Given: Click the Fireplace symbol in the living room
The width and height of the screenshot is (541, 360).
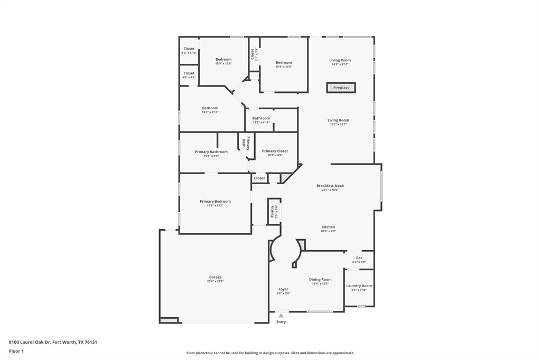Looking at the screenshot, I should pyautogui.click(x=341, y=88).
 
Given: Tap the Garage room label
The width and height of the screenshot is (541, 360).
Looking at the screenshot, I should pyautogui.click(x=215, y=277).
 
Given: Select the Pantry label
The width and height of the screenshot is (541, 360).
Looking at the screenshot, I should pyautogui.click(x=273, y=212).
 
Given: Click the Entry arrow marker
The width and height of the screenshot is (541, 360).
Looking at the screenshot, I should pyautogui.click(x=281, y=316).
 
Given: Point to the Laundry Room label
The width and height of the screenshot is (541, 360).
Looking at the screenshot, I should pyautogui.click(x=359, y=286).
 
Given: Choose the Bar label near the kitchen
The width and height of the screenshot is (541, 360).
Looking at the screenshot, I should pyautogui.click(x=359, y=258).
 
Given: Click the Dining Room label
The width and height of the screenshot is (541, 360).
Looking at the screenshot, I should pyautogui.click(x=320, y=279).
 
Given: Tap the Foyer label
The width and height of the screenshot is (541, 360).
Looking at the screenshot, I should pyautogui.click(x=283, y=289).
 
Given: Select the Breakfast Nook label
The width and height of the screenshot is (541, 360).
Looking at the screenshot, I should pyautogui.click(x=330, y=186).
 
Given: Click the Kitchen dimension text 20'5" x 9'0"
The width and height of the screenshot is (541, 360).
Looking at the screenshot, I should pyautogui.click(x=328, y=231).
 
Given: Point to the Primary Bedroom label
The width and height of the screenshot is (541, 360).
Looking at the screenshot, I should pyautogui.click(x=215, y=201).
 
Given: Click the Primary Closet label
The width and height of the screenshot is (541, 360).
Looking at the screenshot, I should pyautogui.click(x=275, y=151).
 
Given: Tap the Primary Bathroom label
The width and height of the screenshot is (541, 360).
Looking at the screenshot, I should pyautogui.click(x=211, y=151).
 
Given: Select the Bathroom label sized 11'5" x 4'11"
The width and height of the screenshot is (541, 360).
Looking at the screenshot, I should pyautogui.click(x=261, y=118).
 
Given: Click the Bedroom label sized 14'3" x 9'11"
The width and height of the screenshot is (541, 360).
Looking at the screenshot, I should pyautogui.click(x=210, y=108).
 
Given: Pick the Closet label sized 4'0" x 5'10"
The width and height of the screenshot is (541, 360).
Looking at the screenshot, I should pyautogui.click(x=189, y=49).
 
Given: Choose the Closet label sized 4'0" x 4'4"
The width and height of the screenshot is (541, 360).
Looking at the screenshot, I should pyautogui.click(x=189, y=73).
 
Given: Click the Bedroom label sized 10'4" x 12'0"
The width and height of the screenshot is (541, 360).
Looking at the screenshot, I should pyautogui.click(x=284, y=62).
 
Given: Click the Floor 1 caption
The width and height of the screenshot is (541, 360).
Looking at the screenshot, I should pyautogui.click(x=16, y=351).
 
